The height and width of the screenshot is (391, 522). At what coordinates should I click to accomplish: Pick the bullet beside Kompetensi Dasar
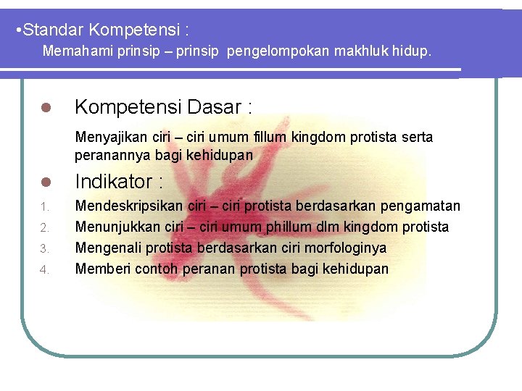tap(44, 109)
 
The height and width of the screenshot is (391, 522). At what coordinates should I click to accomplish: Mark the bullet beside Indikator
tap(44, 182)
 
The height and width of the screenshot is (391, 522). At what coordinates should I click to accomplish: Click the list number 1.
tap(43, 208)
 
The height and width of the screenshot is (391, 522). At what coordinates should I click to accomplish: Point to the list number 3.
tap(43, 249)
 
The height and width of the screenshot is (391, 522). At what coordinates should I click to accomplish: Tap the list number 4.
tap(43, 270)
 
